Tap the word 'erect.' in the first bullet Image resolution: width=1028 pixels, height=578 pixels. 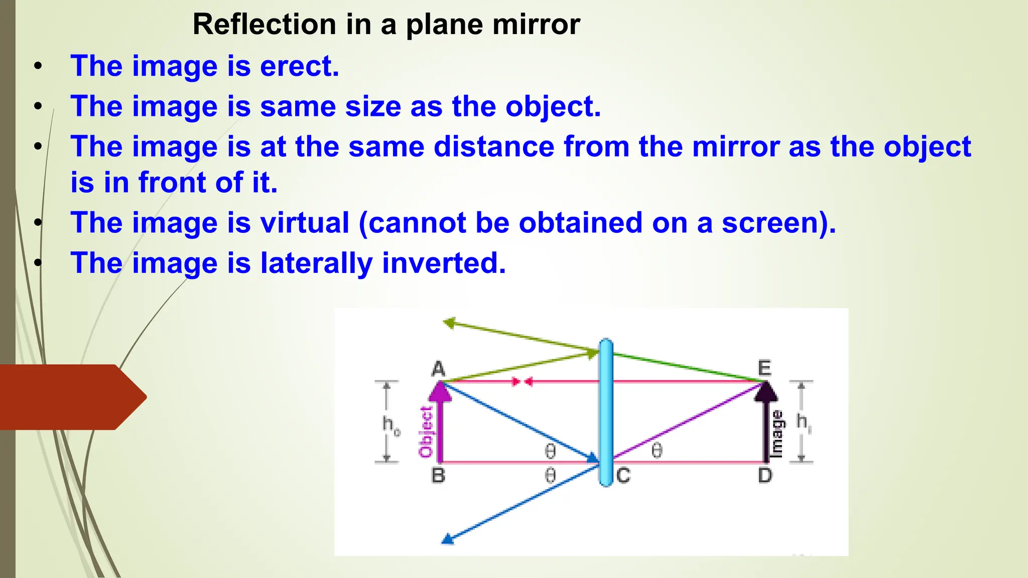coord(300,66)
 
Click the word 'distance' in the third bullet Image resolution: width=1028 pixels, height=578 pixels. coord(494,147)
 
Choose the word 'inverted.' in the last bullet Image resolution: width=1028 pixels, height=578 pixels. coord(444,263)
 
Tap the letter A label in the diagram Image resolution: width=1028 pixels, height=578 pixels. coord(438,369)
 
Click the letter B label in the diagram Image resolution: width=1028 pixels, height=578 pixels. coord(438,475)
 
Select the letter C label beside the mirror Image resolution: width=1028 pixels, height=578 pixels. coord(623,475)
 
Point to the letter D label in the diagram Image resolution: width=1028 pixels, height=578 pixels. coord(765,475)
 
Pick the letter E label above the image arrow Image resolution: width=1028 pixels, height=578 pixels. coord(764,368)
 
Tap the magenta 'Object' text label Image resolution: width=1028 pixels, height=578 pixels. coord(426,432)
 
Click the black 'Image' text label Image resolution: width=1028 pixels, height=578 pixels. coord(777,434)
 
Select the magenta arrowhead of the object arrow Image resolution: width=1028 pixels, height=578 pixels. coord(440,392)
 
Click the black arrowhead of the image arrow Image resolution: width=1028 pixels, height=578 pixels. coord(765,392)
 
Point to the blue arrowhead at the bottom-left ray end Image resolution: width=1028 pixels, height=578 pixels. coord(447,540)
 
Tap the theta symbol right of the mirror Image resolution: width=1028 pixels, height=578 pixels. coord(657,451)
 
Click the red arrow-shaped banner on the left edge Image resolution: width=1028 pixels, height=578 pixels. coord(70,397)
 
